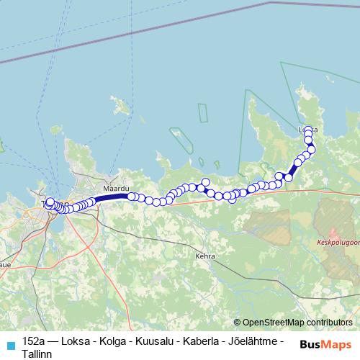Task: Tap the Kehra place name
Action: click(205, 255)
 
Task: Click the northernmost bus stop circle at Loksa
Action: click(308, 130)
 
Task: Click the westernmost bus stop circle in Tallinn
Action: click(48, 205)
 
